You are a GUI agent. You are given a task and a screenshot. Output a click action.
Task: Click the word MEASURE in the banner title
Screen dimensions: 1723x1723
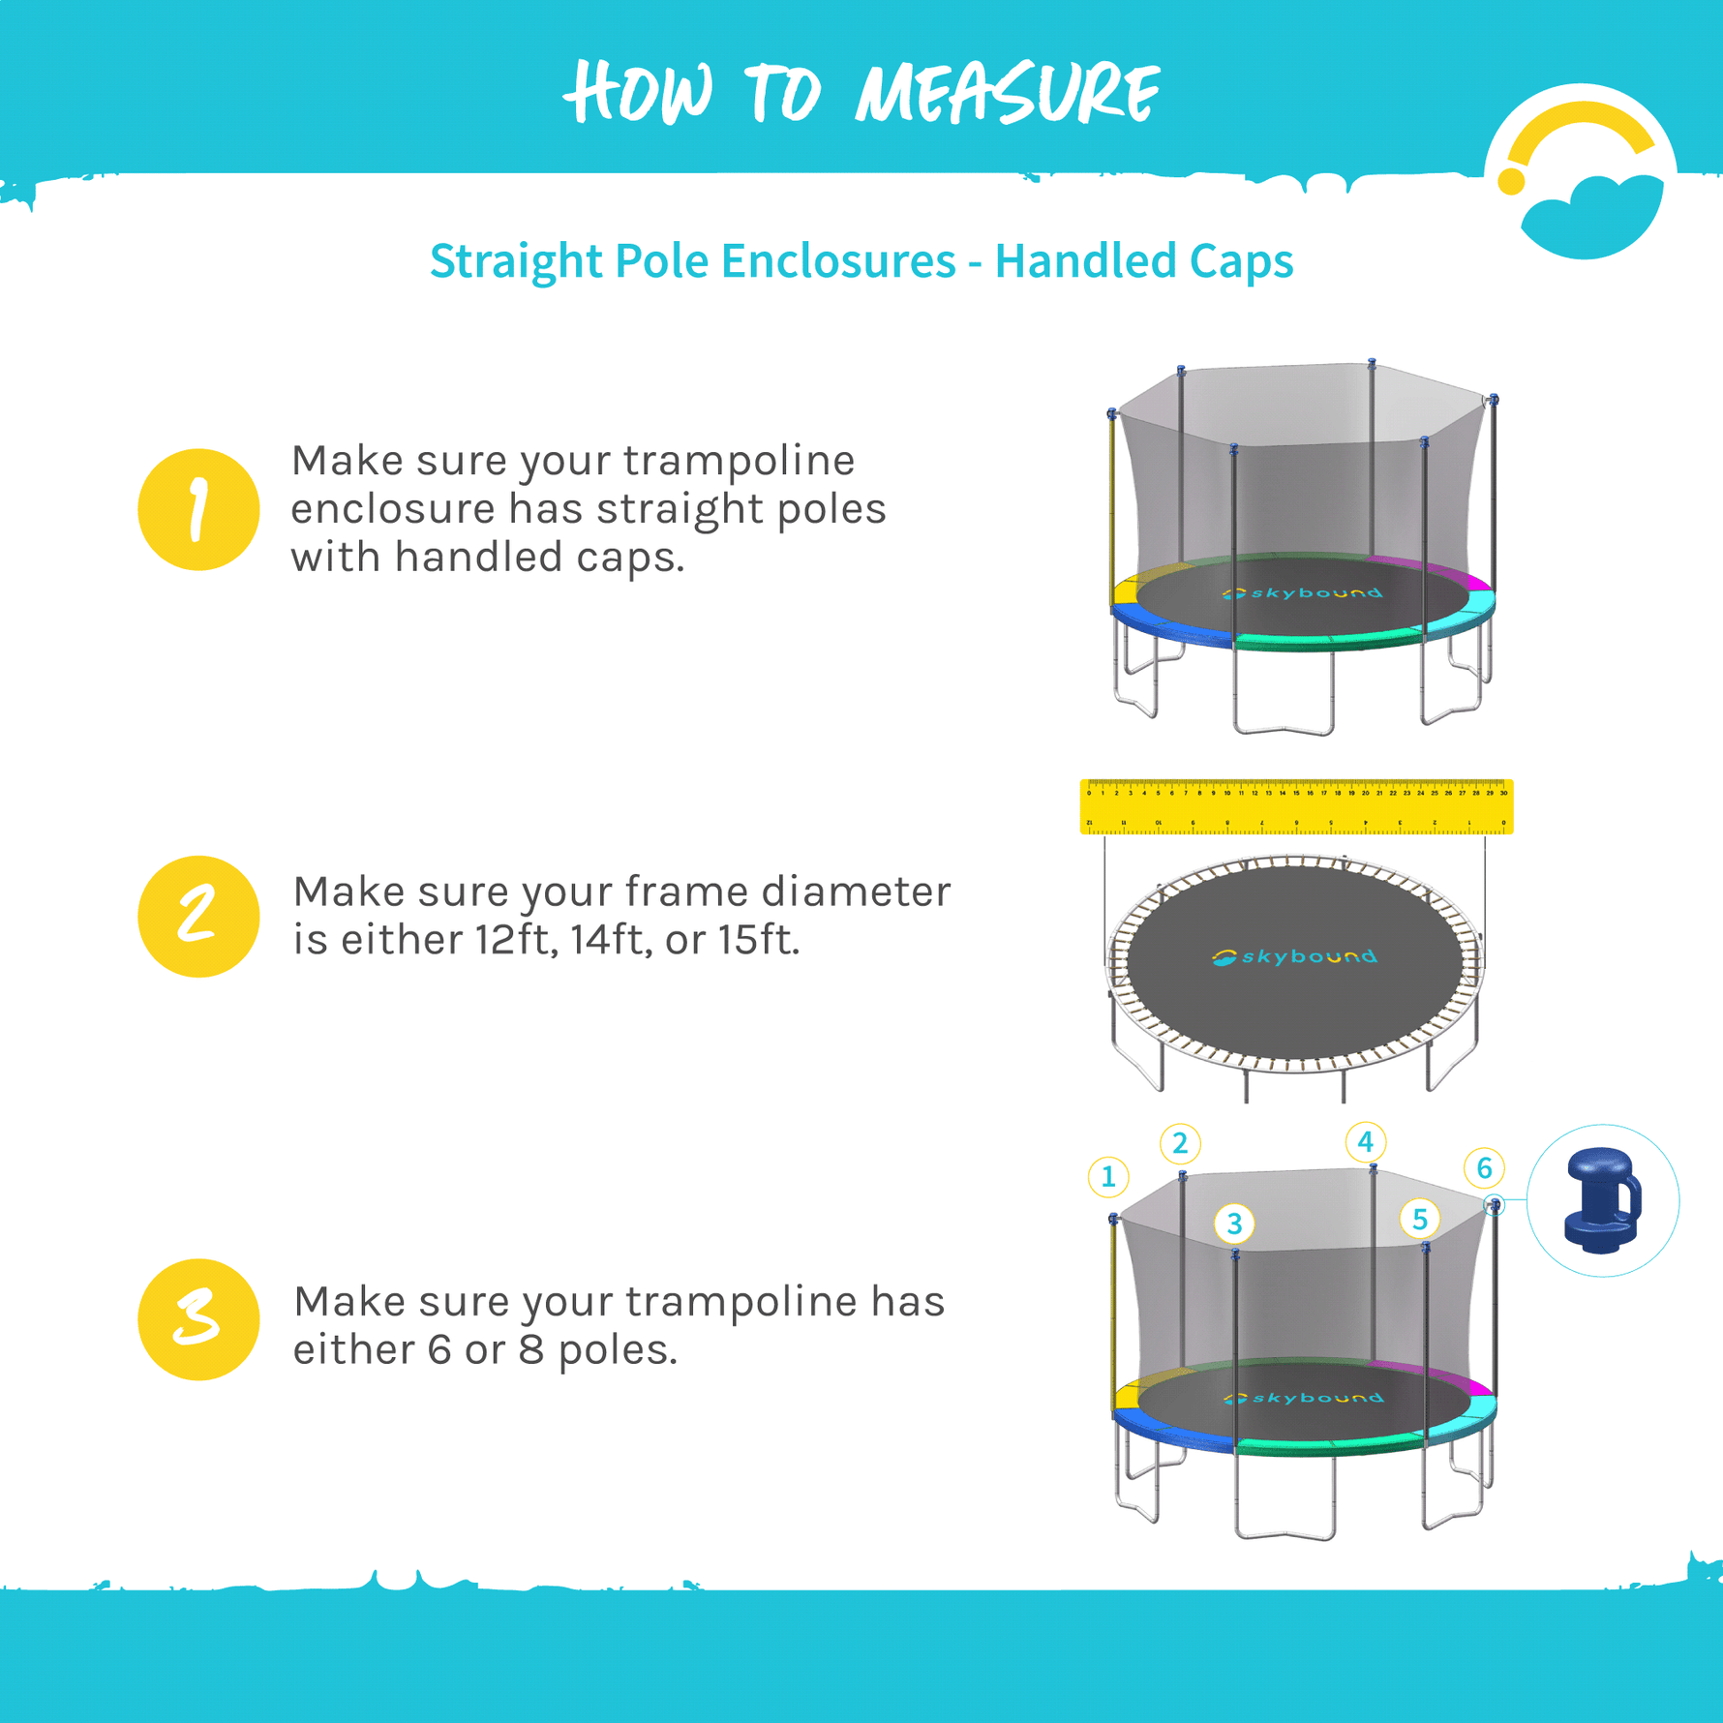(1007, 94)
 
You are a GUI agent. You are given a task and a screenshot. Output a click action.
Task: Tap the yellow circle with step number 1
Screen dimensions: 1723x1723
(198, 509)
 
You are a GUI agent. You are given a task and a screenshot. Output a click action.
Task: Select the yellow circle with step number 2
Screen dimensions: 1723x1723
(198, 916)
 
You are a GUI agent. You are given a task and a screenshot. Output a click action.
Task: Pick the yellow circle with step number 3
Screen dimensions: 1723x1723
(198, 1318)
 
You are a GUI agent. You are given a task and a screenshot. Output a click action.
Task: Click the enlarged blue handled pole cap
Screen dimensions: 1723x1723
(1602, 1200)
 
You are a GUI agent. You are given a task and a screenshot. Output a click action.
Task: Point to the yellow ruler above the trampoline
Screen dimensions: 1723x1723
(1296, 806)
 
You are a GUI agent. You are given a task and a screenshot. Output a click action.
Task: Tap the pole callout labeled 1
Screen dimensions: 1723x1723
(1108, 1177)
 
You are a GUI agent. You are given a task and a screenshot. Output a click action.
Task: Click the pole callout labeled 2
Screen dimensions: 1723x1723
(1180, 1144)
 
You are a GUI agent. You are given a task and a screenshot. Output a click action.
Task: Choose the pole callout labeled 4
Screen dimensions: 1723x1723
(1365, 1142)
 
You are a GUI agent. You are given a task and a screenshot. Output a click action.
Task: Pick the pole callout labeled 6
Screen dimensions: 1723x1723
(1484, 1168)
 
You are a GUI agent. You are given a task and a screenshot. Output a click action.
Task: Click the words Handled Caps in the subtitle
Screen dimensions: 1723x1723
(1143, 261)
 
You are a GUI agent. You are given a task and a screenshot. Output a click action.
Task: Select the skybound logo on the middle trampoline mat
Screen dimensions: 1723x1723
(1294, 957)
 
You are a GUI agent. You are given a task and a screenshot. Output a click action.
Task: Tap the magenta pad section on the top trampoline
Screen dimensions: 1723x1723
(1433, 570)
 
